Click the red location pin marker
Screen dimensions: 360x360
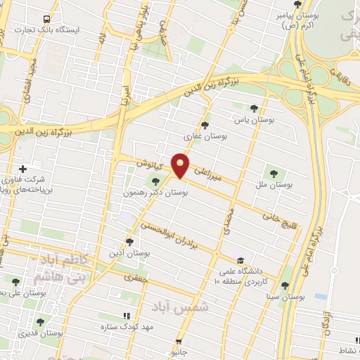click(x=181, y=166)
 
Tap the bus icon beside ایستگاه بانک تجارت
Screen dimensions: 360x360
click(x=46, y=19)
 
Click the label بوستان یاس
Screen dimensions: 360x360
click(x=274, y=120)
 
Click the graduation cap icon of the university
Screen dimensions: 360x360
click(x=240, y=261)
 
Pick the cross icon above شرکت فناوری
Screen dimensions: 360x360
click(x=24, y=169)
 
